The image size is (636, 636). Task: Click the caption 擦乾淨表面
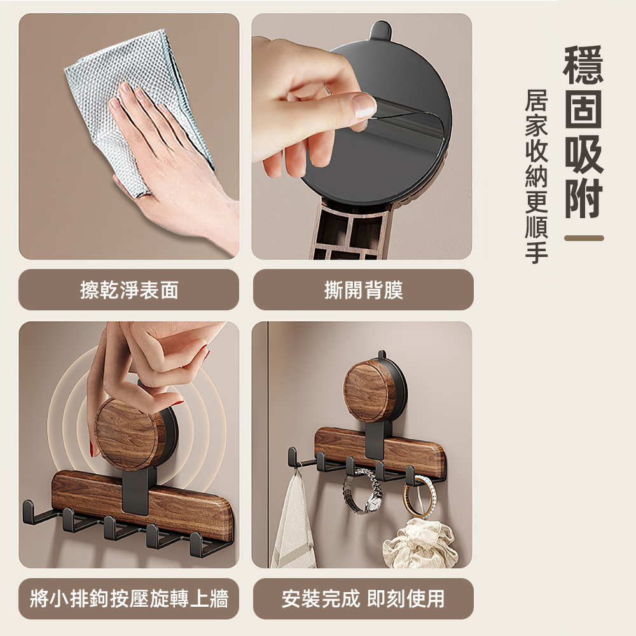pyautogui.click(x=129, y=291)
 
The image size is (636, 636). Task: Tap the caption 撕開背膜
pyautogui.click(x=363, y=291)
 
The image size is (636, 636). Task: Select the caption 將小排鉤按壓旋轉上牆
pyautogui.click(x=129, y=598)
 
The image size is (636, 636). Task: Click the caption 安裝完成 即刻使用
pyautogui.click(x=363, y=598)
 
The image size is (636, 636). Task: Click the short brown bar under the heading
pyautogui.click(x=583, y=238)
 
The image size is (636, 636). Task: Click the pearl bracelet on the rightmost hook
pyautogui.click(x=417, y=497)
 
